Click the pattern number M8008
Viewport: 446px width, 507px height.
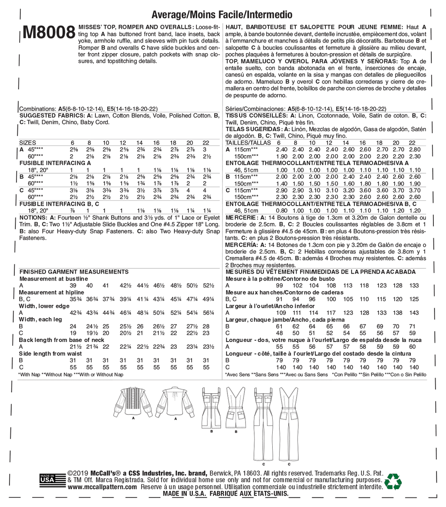click(48, 33)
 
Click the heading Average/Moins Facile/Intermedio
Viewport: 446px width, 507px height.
click(222, 14)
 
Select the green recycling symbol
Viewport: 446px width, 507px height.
click(393, 481)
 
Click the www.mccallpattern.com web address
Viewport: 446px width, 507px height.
click(102, 487)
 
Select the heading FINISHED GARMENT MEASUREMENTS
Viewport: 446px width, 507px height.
click(74, 271)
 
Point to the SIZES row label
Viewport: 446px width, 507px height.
click(28, 142)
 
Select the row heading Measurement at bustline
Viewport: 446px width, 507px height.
click(54, 278)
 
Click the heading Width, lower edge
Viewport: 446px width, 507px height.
click(44, 306)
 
